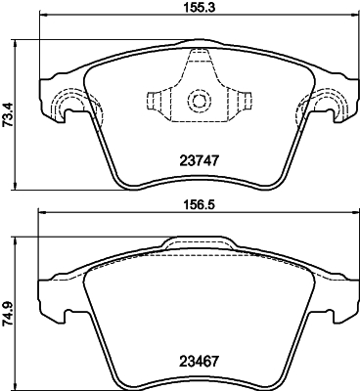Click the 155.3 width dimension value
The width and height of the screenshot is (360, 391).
point(198,8)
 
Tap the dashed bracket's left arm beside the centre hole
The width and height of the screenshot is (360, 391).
point(157,101)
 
